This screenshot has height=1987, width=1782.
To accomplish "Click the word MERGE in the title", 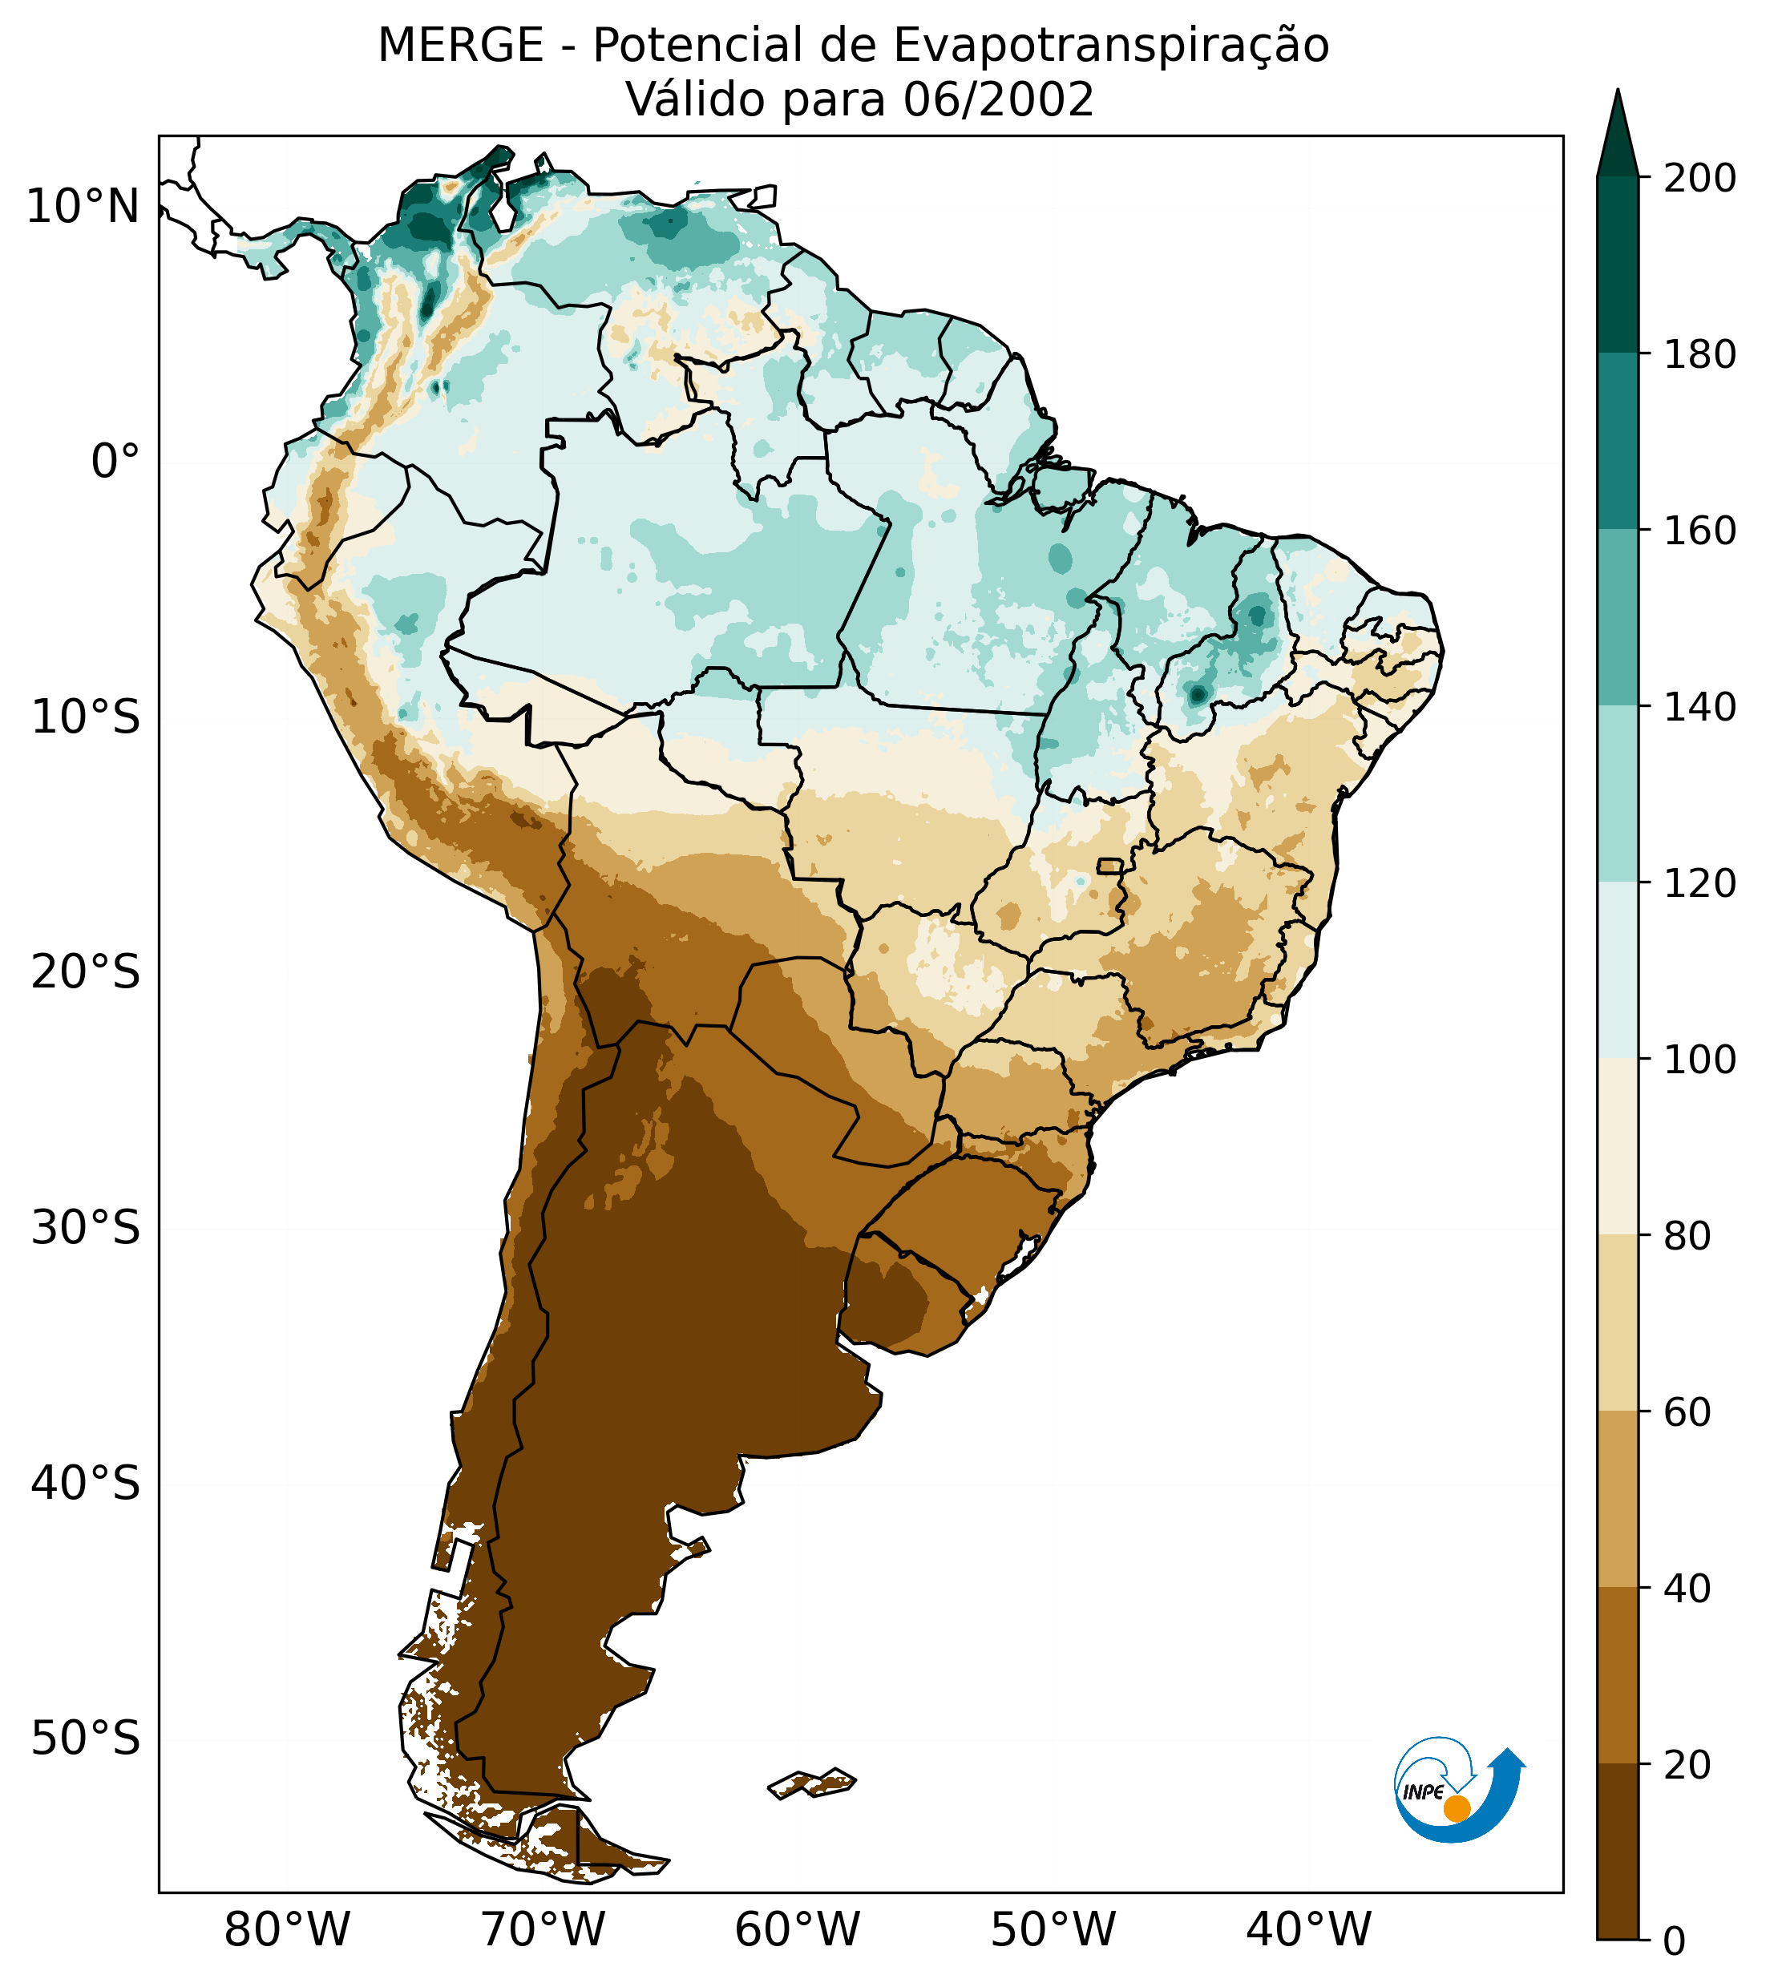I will click(460, 46).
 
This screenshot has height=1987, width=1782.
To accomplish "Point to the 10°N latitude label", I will click(83, 207).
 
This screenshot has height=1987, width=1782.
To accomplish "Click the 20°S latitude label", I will click(86, 974).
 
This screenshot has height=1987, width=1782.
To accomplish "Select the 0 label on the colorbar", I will click(1675, 1941).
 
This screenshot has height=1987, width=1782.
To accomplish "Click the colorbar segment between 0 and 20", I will click(1618, 1852).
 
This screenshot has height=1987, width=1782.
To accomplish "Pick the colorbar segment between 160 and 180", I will click(1618, 442).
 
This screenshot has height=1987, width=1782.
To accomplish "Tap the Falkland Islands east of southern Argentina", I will click(812, 1783).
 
